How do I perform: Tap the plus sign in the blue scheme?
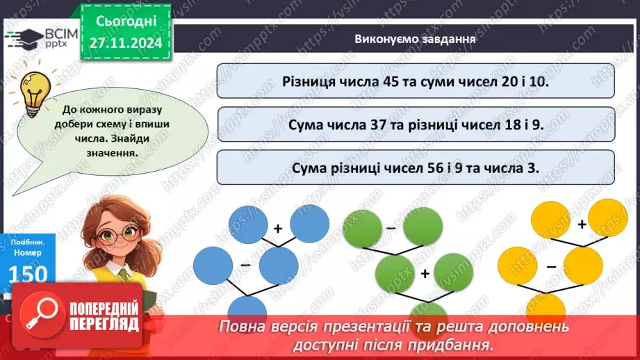[x=277, y=228]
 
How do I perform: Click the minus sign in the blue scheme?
[x=245, y=265]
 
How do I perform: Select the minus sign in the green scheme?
[x=391, y=227]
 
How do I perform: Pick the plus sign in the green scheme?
[x=425, y=273]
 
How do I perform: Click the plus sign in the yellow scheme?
[x=582, y=224]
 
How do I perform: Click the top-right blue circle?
[x=309, y=224]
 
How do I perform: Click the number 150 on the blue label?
[x=28, y=274]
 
